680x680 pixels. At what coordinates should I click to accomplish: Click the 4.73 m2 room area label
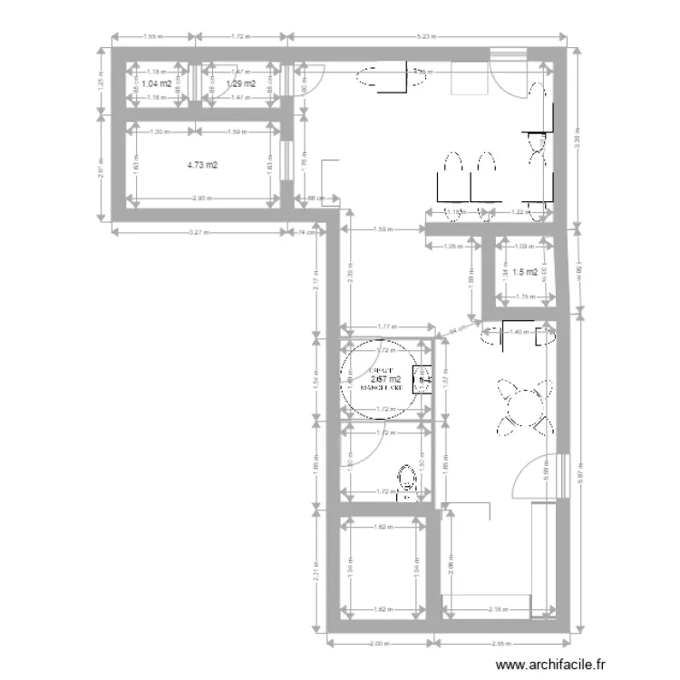pos(202,165)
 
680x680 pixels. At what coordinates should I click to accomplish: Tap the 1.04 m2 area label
pos(156,83)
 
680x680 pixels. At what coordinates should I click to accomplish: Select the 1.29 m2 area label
pos(240,83)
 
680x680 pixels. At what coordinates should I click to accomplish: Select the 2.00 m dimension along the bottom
pos(380,645)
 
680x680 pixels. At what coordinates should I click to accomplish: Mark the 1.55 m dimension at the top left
pos(152,37)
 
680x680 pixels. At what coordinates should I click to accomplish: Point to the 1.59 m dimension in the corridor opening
pos(384,229)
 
